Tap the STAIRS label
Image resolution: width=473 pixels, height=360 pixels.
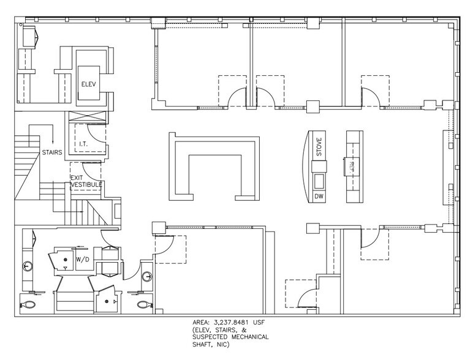coord(52,152)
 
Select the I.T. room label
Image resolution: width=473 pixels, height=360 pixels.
coord(85,144)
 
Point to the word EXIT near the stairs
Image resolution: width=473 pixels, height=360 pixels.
coord(76,177)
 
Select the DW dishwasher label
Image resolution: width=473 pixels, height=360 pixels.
coord(319,197)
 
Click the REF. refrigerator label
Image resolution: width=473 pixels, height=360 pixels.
coord(354,164)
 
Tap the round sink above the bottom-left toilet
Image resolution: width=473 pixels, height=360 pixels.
coord(28,266)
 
